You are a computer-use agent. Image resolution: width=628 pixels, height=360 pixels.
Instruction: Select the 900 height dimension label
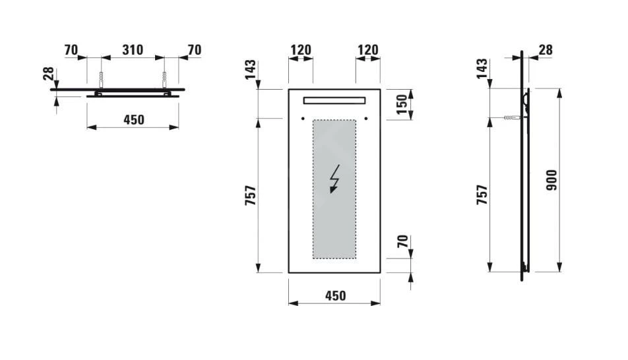pyautogui.click(x=551, y=180)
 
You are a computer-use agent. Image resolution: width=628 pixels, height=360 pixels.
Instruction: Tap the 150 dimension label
pyautogui.click(x=402, y=103)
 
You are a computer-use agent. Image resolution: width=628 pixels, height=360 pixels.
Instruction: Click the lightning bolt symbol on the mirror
pyautogui.click(x=335, y=179)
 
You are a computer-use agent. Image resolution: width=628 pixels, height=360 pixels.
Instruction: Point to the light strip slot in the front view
pyautogui.click(x=334, y=100)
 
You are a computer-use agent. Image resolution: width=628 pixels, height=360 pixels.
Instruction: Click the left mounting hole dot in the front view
pyautogui.click(x=302, y=119)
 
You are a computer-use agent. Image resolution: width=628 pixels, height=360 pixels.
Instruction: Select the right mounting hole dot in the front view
pyautogui.click(x=365, y=119)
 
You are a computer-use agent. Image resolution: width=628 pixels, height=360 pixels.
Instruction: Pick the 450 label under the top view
pyautogui.click(x=133, y=119)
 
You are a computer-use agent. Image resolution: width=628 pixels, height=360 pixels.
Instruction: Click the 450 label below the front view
pyautogui.click(x=334, y=296)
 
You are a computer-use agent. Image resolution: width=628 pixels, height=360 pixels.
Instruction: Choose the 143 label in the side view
pyautogui.click(x=482, y=69)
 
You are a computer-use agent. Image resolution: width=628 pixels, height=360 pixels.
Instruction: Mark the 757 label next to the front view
pyautogui.click(x=251, y=195)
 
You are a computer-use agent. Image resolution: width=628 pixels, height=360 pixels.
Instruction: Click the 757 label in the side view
pyautogui.click(x=482, y=195)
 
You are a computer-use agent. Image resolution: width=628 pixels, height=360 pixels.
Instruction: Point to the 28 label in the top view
pyautogui.click(x=48, y=73)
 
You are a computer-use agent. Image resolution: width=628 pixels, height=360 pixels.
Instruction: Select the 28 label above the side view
pyautogui.click(x=545, y=50)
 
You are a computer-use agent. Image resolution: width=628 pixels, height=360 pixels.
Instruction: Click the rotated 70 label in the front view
pyautogui.click(x=402, y=243)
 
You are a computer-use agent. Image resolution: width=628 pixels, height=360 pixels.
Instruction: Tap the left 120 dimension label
pyautogui.click(x=301, y=50)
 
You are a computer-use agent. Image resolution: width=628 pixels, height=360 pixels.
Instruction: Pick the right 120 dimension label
pyautogui.click(x=367, y=50)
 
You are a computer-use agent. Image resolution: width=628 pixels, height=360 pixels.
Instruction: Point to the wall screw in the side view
pyautogui.click(x=512, y=119)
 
